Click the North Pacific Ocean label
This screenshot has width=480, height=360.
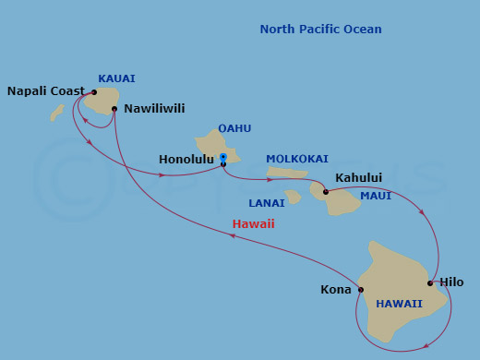(320, 30)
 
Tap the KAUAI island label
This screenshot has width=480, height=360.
(116, 79)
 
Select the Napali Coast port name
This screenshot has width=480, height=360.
(45, 91)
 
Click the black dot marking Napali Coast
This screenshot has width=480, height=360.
(94, 92)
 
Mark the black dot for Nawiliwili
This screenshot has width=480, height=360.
(114, 109)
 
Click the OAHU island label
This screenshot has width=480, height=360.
(234, 129)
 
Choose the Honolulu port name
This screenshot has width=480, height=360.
(187, 160)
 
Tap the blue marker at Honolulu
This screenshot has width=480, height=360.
(223, 158)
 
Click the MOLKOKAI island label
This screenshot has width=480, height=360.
(296, 159)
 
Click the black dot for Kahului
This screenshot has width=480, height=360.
(326, 193)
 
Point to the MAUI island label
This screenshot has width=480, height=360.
(377, 196)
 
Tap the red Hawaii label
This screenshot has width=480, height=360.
(253, 224)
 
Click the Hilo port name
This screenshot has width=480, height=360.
(452, 282)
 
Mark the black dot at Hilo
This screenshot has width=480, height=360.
(431, 282)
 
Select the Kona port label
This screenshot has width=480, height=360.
(336, 290)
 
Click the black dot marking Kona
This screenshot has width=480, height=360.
(361, 290)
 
